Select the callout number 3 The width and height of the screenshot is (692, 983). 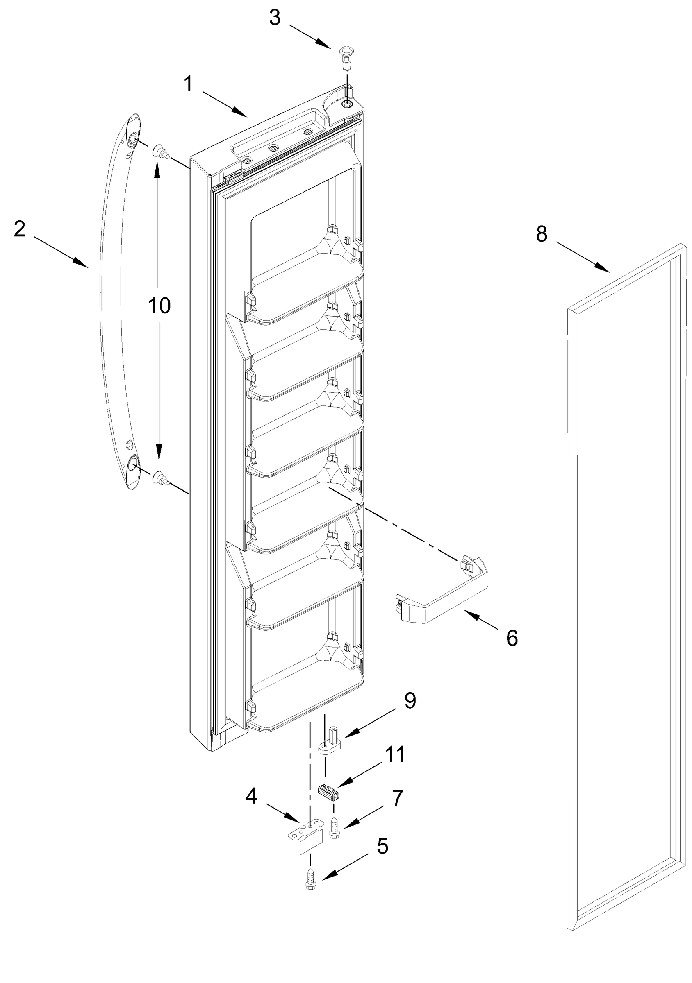click(275, 18)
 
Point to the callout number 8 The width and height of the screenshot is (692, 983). click(542, 234)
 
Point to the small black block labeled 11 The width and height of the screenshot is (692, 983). click(329, 792)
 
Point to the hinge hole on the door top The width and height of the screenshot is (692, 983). click(346, 104)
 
